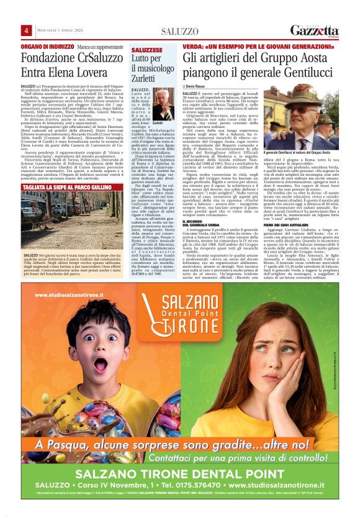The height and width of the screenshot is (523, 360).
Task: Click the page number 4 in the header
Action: [27, 30]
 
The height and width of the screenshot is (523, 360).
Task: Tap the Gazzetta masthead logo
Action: [315, 30]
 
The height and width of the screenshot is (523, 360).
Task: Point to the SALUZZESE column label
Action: [146, 48]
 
